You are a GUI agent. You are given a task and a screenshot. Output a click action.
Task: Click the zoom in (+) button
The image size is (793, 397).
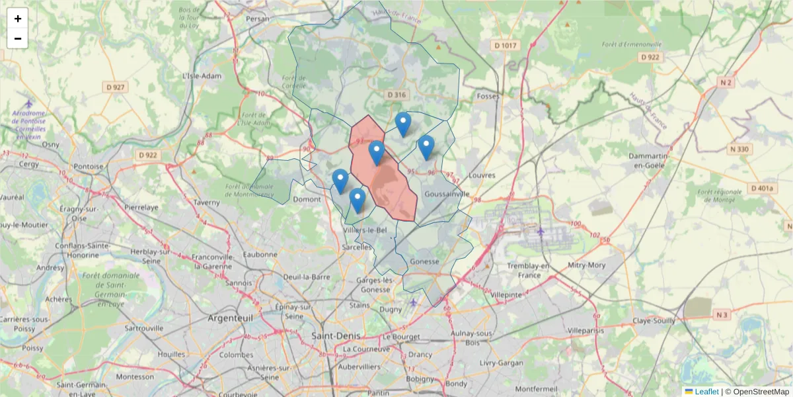pos(18,19)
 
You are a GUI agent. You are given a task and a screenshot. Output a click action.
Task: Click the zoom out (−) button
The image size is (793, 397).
pos(18,38)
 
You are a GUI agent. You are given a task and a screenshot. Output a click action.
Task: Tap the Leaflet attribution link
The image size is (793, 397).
pos(706,391)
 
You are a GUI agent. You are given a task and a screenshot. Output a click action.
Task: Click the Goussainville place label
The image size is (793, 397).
pos(447,195)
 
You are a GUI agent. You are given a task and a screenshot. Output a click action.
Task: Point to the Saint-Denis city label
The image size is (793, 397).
pos(336,335)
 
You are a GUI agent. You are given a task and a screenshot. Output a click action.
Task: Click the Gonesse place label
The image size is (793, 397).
pos(424,261)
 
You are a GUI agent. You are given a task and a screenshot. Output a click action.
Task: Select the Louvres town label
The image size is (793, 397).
pos(481,176)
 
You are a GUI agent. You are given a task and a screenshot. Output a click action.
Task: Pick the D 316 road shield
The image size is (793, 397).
pos(396,95)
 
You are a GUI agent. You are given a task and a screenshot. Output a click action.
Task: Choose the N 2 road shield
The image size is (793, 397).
pos(726,83)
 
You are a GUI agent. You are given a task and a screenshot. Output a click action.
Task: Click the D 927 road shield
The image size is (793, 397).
pos(115,87)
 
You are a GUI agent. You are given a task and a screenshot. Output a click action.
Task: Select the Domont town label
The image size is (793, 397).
pos(307,199)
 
